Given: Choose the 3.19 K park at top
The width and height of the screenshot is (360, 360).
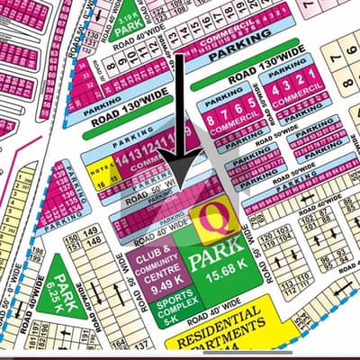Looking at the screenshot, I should coord(124,20).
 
